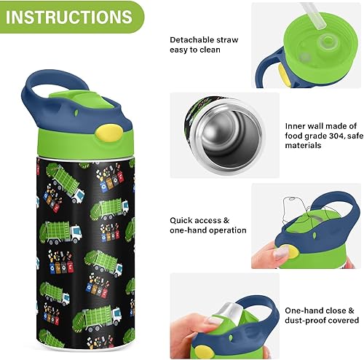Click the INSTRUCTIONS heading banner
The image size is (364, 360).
coord(64,15)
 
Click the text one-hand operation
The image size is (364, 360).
coord(208,230)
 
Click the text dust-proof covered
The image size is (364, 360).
coord(321,320)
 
